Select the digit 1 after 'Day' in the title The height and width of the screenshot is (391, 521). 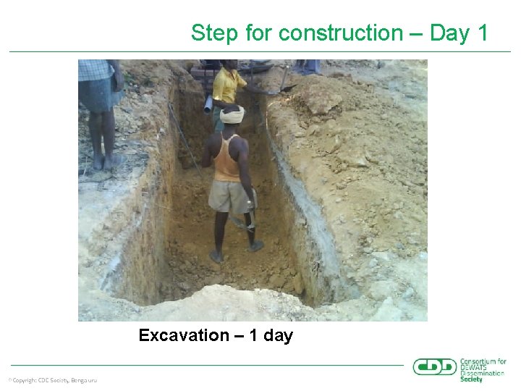point(480,33)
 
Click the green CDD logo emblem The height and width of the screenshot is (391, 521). point(434,367)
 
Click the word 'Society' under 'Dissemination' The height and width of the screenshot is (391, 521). point(471,379)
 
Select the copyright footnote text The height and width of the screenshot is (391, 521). point(52,380)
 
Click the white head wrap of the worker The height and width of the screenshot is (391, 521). point(232,114)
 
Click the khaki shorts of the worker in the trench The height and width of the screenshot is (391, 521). point(229,196)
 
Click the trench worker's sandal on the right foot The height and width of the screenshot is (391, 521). point(255,246)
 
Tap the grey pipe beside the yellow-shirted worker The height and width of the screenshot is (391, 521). point(208,104)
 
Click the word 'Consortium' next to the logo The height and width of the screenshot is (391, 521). point(483,361)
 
